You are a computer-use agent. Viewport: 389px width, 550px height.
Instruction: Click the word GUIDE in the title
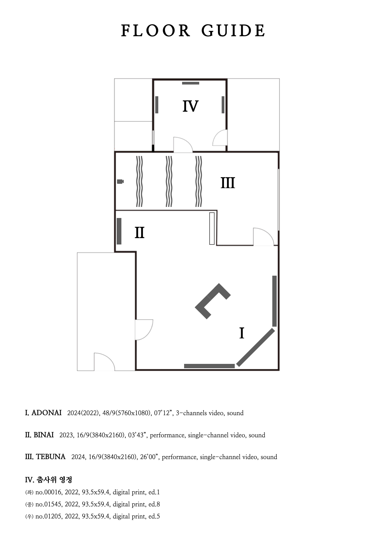[233, 31]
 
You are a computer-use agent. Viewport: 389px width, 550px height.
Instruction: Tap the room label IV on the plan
[190, 106]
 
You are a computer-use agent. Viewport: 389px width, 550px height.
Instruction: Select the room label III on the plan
[228, 183]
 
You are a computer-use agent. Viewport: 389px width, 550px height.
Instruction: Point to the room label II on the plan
[140, 232]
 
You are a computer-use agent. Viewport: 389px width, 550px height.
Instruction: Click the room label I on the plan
[241, 333]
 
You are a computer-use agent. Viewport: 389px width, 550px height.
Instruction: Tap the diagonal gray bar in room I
[256, 347]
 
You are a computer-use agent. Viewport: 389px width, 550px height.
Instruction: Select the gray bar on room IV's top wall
[190, 83]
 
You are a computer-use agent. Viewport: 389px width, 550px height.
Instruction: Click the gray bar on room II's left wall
[119, 231]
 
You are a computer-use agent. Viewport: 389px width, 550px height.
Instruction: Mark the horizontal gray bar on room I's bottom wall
[209, 366]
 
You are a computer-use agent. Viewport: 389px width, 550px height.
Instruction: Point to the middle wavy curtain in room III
[169, 181]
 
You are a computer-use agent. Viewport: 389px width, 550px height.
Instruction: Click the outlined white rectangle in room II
[212, 228]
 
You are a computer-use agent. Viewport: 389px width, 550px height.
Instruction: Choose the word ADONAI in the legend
[46, 413]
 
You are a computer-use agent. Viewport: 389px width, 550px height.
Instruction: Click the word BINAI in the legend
[44, 435]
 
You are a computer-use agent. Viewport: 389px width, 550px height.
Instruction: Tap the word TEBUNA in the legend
[51, 457]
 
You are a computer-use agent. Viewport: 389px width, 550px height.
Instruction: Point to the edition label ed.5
[154, 516]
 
